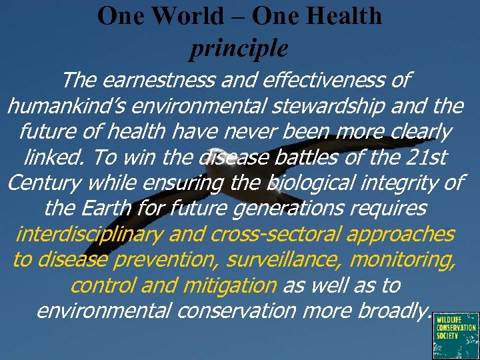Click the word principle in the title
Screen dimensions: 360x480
coord(239,47)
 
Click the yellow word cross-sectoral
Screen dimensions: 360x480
coord(275,235)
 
